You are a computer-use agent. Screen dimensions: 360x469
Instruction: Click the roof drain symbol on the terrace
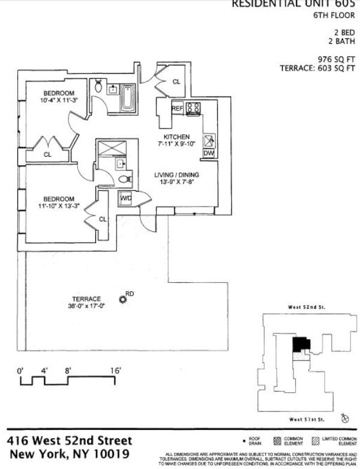click(x=123, y=300)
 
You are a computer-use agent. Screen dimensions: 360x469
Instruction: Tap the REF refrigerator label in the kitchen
click(x=177, y=108)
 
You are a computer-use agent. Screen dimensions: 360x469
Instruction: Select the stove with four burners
click(x=193, y=108)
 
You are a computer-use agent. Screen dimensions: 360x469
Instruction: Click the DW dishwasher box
click(x=209, y=153)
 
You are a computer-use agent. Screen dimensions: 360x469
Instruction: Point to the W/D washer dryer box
click(x=127, y=198)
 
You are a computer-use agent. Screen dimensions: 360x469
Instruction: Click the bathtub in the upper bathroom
click(x=129, y=97)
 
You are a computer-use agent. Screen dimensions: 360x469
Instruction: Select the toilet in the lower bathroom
click(x=125, y=179)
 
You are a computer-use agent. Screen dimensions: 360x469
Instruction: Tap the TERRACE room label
click(x=86, y=298)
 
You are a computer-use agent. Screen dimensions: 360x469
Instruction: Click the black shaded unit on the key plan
click(x=301, y=345)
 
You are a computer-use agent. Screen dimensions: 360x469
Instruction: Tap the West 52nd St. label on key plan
click(x=306, y=307)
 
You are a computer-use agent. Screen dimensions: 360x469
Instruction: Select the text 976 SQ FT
click(x=338, y=59)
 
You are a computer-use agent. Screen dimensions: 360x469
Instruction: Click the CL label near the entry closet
click(x=176, y=82)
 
